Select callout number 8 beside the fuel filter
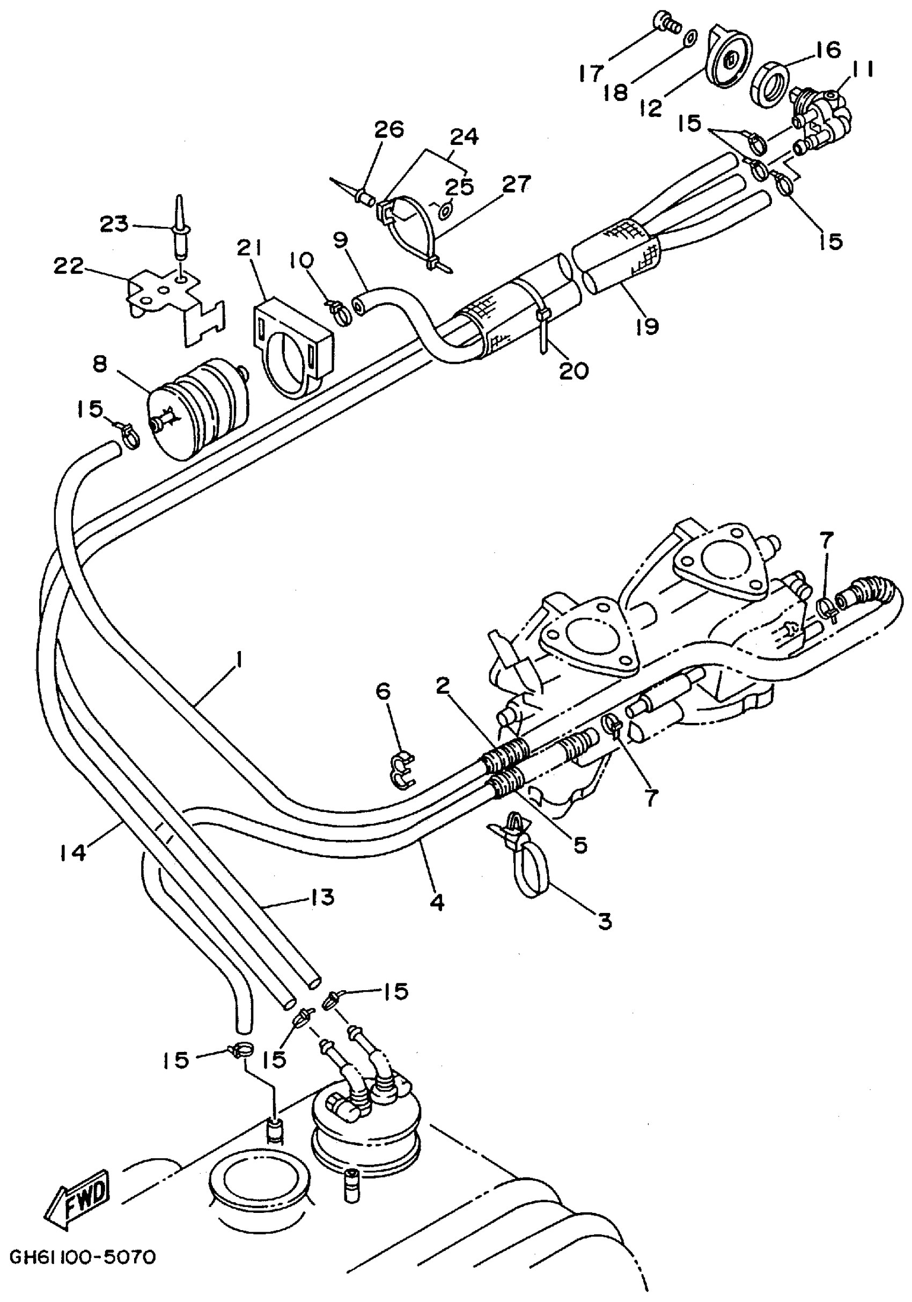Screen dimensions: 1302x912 pyautogui.click(x=100, y=364)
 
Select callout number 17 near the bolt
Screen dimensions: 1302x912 pyautogui.click(x=592, y=72)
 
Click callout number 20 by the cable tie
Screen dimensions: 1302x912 pyautogui.click(x=573, y=371)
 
